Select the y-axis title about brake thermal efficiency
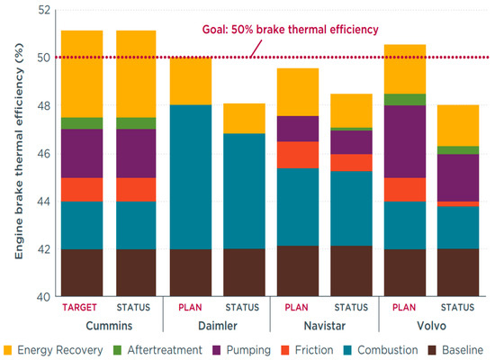(x=19, y=153)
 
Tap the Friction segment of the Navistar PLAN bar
(x=297, y=155)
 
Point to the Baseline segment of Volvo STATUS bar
(x=459, y=273)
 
